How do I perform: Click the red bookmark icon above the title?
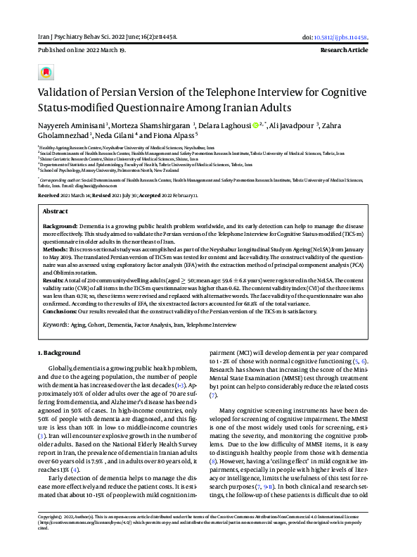tap(45, 73)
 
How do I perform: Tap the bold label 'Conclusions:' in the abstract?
tap(62, 311)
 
